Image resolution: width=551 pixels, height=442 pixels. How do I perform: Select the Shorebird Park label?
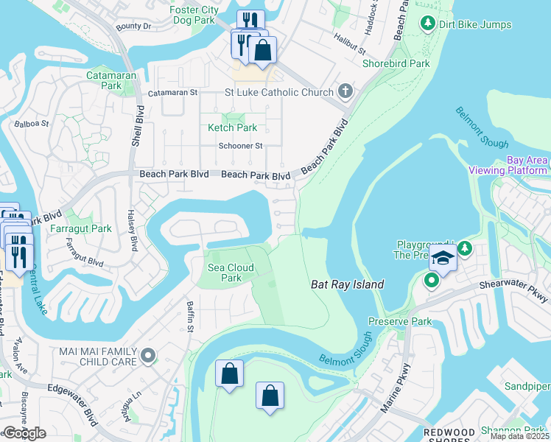click(x=396, y=63)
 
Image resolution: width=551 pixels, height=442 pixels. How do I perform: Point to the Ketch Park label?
click(x=232, y=127)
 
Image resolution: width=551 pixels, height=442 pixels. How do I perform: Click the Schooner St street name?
click(x=240, y=146)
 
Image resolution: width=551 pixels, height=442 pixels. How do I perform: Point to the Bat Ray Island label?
click(x=348, y=284)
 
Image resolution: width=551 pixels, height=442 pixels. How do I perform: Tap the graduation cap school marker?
click(x=443, y=259)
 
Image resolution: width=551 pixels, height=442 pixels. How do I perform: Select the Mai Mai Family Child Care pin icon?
click(x=148, y=357)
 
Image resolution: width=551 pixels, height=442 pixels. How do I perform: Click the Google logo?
click(x=24, y=433)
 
